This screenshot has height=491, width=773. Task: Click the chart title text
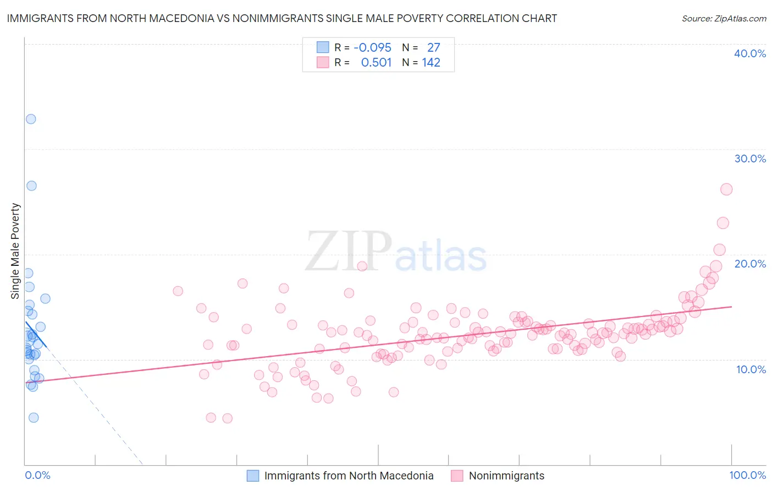281,18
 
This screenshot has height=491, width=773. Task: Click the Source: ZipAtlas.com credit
724,18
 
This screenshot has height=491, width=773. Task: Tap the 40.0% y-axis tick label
750,53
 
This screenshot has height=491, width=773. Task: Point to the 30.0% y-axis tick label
750,159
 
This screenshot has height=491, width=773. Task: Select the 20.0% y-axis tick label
750,264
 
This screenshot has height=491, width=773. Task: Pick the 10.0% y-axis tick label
751,369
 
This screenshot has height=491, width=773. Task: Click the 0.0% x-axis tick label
37,475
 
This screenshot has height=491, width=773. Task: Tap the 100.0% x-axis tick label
747,475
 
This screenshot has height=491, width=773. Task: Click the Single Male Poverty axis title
15,251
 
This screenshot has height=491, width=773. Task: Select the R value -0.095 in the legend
372,47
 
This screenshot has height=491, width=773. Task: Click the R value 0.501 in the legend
376,63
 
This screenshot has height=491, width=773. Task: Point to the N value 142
431,63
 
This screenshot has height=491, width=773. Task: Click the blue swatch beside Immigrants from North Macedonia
253,476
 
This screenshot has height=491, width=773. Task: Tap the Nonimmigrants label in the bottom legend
506,476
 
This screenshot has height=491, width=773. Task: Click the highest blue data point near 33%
31,119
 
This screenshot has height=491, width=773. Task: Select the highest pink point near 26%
726,189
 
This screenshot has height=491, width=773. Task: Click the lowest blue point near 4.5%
34,417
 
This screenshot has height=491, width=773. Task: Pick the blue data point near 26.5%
31,186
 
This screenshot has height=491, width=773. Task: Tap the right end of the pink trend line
731,307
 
